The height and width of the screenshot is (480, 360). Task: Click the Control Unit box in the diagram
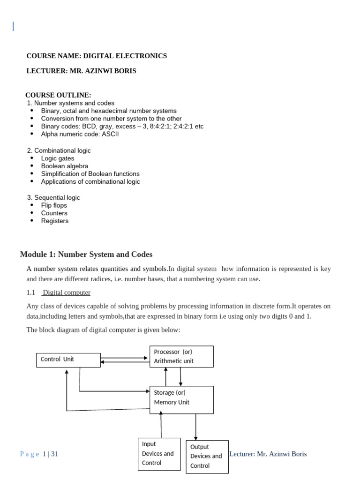[68, 360]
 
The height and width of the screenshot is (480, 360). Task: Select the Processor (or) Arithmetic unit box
[181, 356]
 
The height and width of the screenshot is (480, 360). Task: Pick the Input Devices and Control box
[159, 454]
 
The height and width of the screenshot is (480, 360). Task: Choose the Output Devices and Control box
[207, 457]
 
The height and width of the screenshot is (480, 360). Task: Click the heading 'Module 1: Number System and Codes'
[86, 255]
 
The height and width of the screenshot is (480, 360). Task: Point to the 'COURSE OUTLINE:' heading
[58, 95]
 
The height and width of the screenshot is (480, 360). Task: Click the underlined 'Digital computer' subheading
[67, 292]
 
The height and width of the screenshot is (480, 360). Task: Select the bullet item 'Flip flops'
[54, 205]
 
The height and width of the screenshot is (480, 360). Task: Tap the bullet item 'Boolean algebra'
[64, 166]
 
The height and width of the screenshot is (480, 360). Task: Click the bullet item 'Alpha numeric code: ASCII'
[80, 134]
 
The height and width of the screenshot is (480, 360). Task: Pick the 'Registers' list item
[54, 221]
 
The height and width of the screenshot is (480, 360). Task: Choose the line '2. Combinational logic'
[59, 150]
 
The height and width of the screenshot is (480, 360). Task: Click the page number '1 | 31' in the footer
[50, 454]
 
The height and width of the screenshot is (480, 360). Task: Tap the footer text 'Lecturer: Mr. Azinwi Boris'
[268, 454]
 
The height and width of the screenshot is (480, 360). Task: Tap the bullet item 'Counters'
[54, 213]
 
